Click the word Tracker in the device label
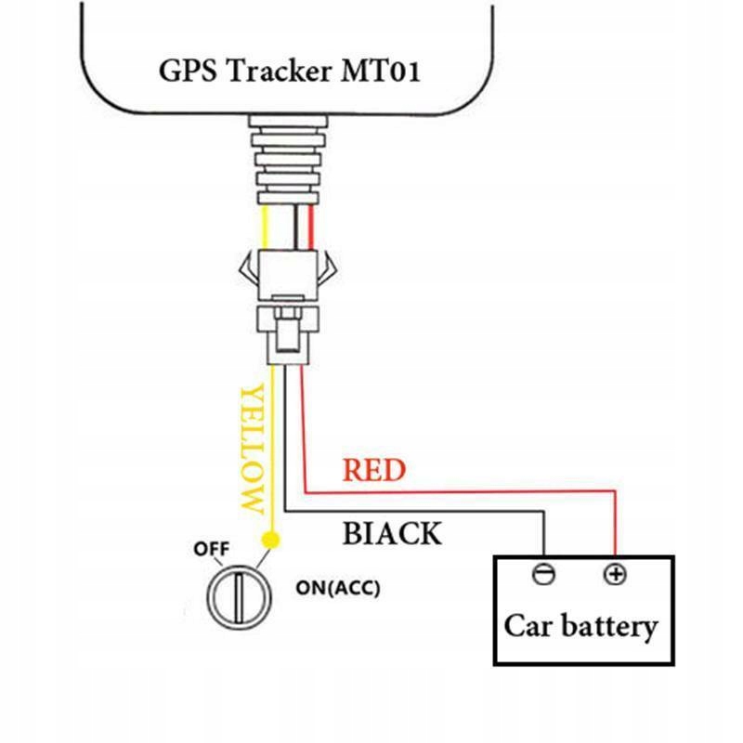pyautogui.click(x=280, y=72)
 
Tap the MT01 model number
pyautogui.click(x=381, y=72)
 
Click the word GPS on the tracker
pyautogui.click(x=188, y=72)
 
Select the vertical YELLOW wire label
pyautogui.click(x=252, y=450)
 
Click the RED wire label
pyautogui.click(x=374, y=470)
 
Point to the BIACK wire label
pyautogui.click(x=392, y=533)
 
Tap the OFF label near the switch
pyautogui.click(x=212, y=549)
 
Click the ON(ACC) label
pyautogui.click(x=338, y=588)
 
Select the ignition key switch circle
pyautogui.click(x=240, y=597)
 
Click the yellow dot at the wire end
pyautogui.click(x=270, y=541)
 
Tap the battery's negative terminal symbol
pyautogui.click(x=543, y=574)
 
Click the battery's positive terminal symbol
pyautogui.click(x=615, y=574)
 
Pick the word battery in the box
pyautogui.click(x=609, y=627)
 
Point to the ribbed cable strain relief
pyautogui.click(x=289, y=160)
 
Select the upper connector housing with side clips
pyautogui.click(x=288, y=275)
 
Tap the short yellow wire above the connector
pyautogui.click(x=265, y=228)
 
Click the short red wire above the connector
pyautogui.click(x=311, y=228)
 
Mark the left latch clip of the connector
pyautogui.click(x=249, y=270)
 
